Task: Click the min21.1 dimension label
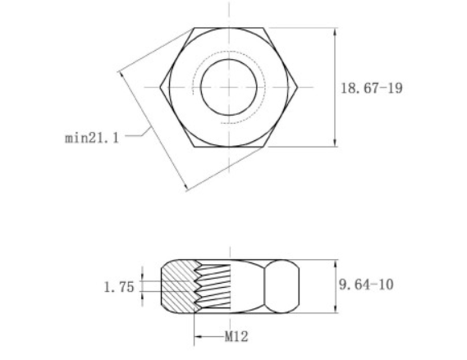92,137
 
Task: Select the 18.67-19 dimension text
371,88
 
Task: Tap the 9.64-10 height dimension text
366,285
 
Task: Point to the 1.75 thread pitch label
118,287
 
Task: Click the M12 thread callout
236,337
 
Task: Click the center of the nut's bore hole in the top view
229,87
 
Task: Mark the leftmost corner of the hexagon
161,87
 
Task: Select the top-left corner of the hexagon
195,28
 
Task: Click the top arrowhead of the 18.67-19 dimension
335,31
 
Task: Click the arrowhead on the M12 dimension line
198,336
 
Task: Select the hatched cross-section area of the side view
176,287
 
